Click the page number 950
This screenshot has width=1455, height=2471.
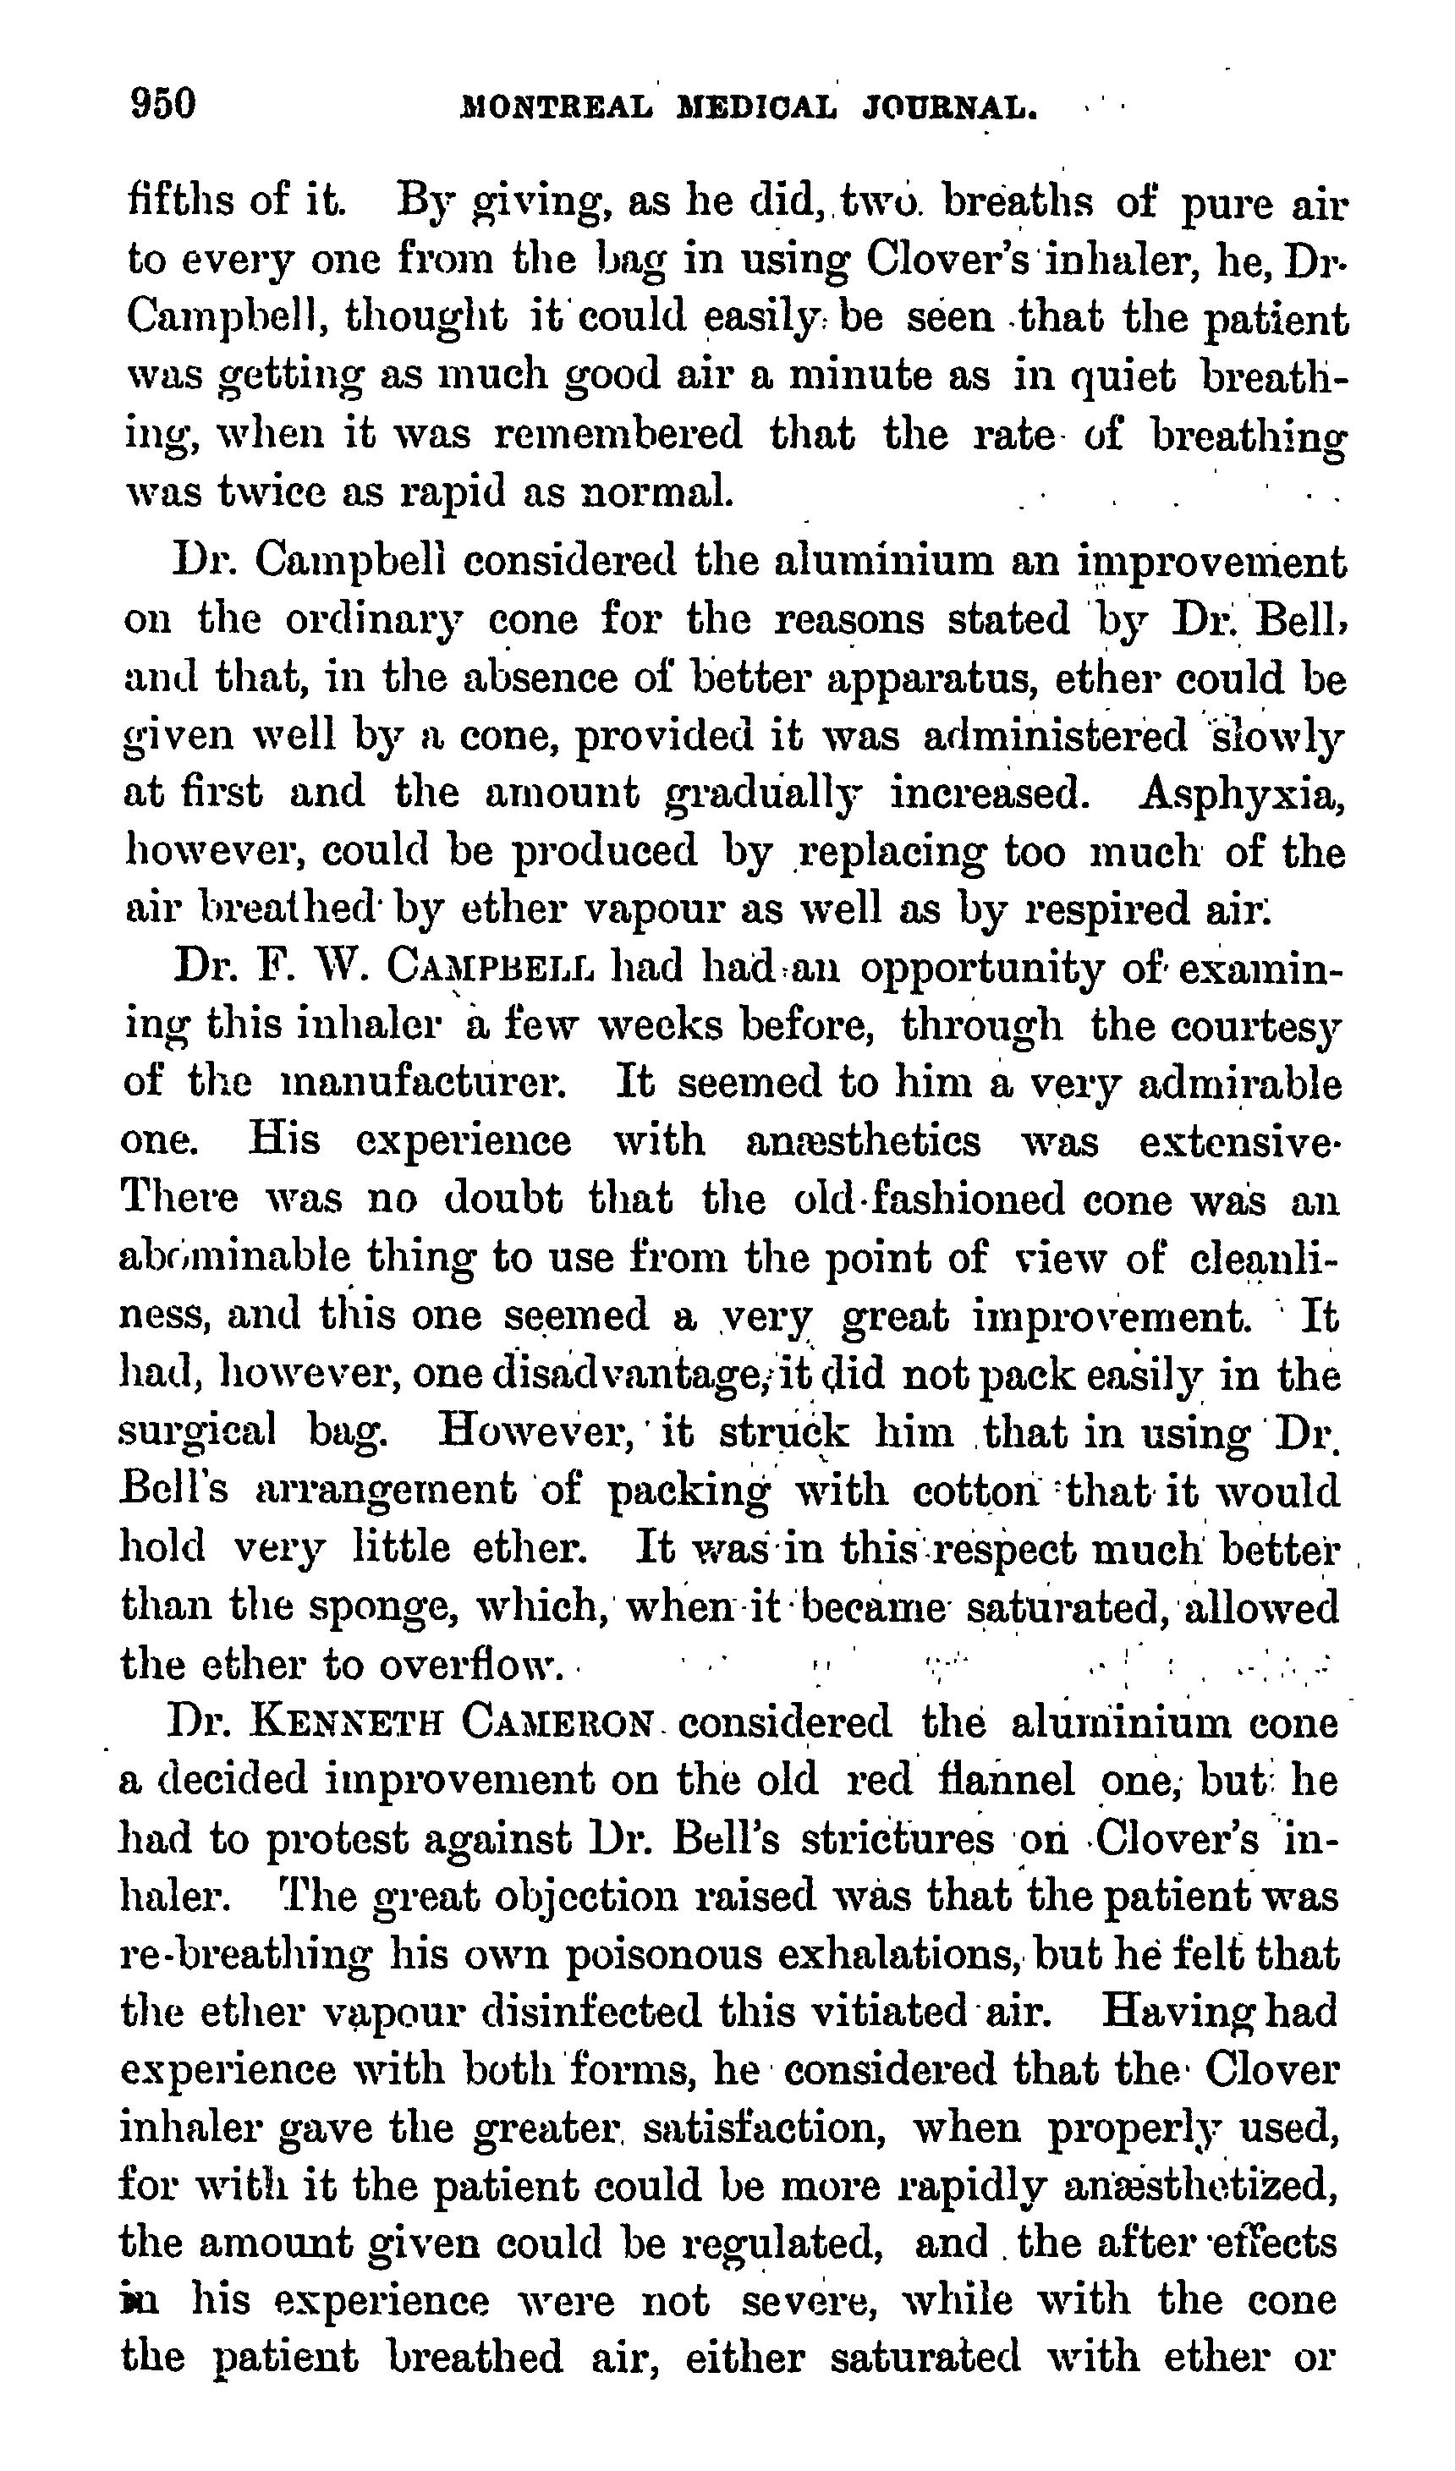pos(164,103)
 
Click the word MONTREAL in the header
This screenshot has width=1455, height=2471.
pos(556,106)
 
